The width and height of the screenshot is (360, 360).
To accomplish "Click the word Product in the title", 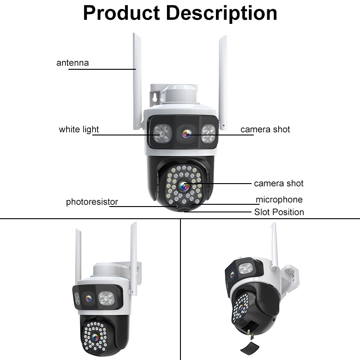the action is [121, 13].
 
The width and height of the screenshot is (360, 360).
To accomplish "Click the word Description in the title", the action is [221, 14].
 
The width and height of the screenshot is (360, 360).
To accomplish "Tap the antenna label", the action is [72, 63].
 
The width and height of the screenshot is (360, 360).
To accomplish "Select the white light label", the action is [79, 130].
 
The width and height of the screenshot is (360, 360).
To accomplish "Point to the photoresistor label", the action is [92, 202].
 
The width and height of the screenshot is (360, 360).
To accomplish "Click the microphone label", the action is [279, 200].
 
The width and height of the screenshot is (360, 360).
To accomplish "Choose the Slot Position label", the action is [279, 212].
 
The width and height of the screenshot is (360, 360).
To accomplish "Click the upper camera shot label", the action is [265, 130].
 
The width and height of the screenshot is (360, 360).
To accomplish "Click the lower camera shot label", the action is [279, 184].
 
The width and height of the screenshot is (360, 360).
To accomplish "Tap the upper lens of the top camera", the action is [186, 134].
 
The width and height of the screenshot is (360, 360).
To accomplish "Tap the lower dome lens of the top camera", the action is [184, 185].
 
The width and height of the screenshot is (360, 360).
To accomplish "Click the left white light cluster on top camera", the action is [162, 133].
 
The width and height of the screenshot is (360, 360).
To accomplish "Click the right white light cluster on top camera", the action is [209, 133].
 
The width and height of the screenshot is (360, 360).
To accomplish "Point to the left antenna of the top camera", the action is [137, 81].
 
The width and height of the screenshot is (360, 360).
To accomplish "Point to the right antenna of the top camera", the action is [223, 83].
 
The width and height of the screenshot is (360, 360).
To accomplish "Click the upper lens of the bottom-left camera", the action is [88, 298].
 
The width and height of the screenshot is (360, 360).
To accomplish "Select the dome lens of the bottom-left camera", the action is [95, 337].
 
